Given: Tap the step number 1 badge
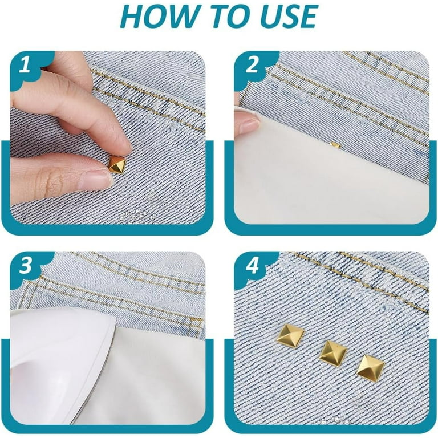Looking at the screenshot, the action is [25, 65].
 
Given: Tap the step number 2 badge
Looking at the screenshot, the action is [253, 65].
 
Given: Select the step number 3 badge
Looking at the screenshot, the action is [26, 265].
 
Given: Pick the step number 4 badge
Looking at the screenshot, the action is [253, 265].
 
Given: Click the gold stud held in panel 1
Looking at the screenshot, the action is [117, 165].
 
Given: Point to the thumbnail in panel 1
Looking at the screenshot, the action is [95, 179].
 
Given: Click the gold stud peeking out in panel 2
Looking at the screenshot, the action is [335, 145].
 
